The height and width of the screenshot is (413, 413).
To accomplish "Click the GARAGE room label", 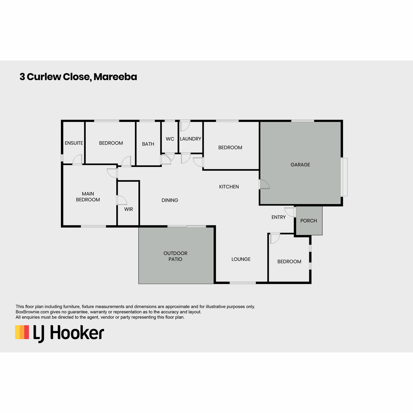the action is [300, 165].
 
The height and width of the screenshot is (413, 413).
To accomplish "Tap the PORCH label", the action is [308, 221].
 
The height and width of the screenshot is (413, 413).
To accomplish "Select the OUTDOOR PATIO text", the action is [175, 256].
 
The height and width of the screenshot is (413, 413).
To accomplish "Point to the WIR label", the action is [128, 209].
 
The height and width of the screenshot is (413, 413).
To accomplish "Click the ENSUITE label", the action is [74, 143].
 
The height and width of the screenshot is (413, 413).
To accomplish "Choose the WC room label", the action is [170, 139].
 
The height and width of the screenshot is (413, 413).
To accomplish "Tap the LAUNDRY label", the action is [191, 139].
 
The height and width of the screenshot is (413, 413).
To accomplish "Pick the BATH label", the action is [148, 144].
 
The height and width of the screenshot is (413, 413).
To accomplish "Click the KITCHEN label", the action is [229, 187].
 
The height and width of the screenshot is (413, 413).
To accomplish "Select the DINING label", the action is [170, 200].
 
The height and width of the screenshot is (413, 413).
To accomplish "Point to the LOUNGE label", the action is [241, 259].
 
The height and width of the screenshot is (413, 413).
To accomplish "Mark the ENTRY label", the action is [278, 217].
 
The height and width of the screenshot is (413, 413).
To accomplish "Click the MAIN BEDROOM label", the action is [88, 197].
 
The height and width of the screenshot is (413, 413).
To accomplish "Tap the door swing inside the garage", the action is [264, 184].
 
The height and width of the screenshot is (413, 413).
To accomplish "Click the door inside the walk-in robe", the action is [122, 200].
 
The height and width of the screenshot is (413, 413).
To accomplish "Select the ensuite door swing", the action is [77, 159].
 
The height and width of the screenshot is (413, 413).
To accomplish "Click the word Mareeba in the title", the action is [115, 77].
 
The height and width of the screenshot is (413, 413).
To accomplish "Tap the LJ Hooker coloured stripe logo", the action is [22, 332].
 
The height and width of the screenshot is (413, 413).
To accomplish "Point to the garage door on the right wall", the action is [344, 177].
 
